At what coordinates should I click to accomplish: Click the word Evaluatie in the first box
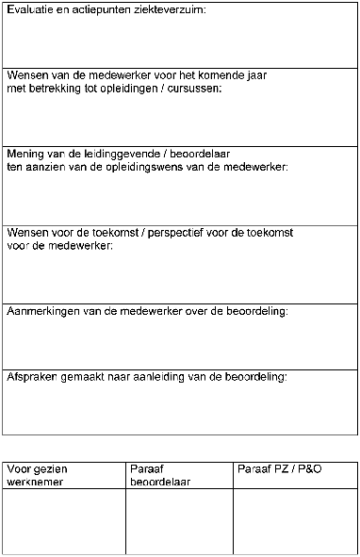click(28, 9)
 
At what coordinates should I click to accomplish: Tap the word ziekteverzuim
click(168, 9)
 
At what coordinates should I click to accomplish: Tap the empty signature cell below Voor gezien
click(64, 520)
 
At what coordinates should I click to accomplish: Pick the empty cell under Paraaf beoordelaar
click(179, 520)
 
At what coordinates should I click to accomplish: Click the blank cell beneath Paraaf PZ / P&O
click(295, 520)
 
